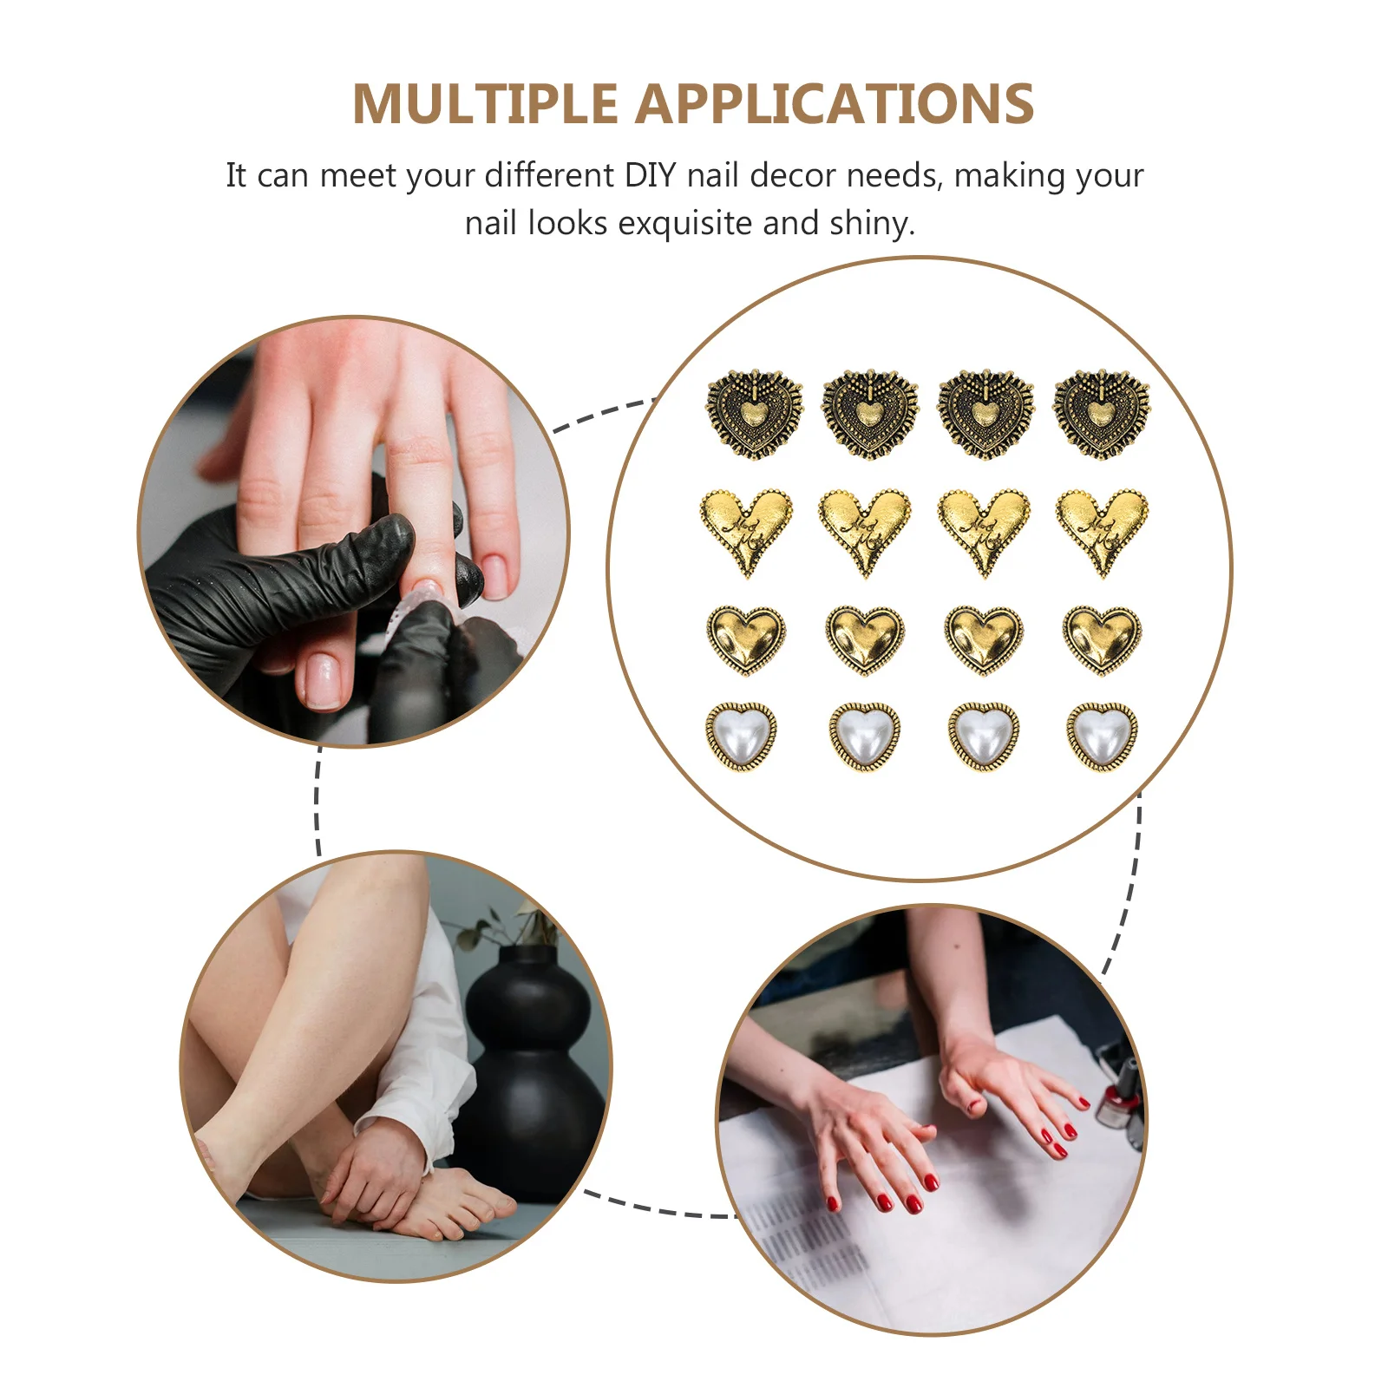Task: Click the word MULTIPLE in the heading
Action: [x=484, y=105]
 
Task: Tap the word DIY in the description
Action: [x=650, y=176]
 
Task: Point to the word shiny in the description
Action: [x=871, y=224]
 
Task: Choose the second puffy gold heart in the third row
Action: [x=865, y=639]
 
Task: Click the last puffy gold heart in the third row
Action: [x=1102, y=639]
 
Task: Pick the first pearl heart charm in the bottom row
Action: [x=741, y=737]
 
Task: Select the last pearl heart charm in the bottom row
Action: [x=1102, y=737]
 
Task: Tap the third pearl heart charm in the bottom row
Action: [x=983, y=737]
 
